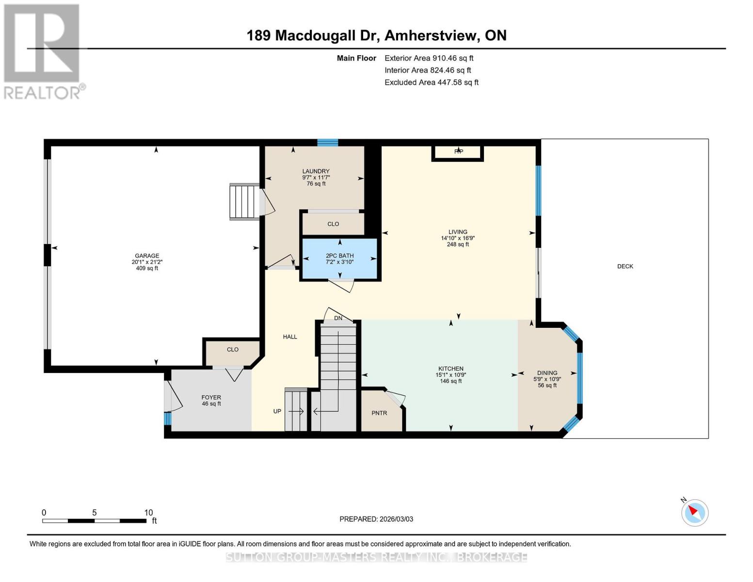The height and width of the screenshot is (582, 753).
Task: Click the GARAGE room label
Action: pos(147,256)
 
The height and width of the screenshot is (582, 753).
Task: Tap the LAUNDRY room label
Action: pos(316,171)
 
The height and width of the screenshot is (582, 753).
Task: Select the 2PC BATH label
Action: pos(339,256)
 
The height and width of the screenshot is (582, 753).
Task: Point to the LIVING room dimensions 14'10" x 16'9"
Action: pos(457,238)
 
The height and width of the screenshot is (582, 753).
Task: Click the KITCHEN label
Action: pos(450,369)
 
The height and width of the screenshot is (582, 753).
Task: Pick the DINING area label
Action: pos(547,373)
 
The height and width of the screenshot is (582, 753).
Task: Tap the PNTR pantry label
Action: pos(379,413)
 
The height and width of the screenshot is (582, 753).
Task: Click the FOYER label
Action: pos(211,397)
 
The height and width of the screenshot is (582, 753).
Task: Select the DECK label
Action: pos(625,266)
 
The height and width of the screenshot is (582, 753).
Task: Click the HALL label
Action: pos(290,337)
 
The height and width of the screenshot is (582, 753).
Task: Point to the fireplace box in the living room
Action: pos(458,152)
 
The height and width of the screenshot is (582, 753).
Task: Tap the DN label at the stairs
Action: pos(338,318)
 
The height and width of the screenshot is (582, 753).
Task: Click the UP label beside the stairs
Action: pos(277,411)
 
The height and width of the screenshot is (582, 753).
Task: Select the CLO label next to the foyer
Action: pos(233,349)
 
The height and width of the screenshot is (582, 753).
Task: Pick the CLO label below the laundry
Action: pos(333,224)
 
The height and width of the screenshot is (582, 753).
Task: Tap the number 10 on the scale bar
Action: pos(148,513)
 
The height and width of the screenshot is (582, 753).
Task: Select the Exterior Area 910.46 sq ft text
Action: pos(429,58)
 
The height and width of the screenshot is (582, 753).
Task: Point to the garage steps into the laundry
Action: pos(244,202)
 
